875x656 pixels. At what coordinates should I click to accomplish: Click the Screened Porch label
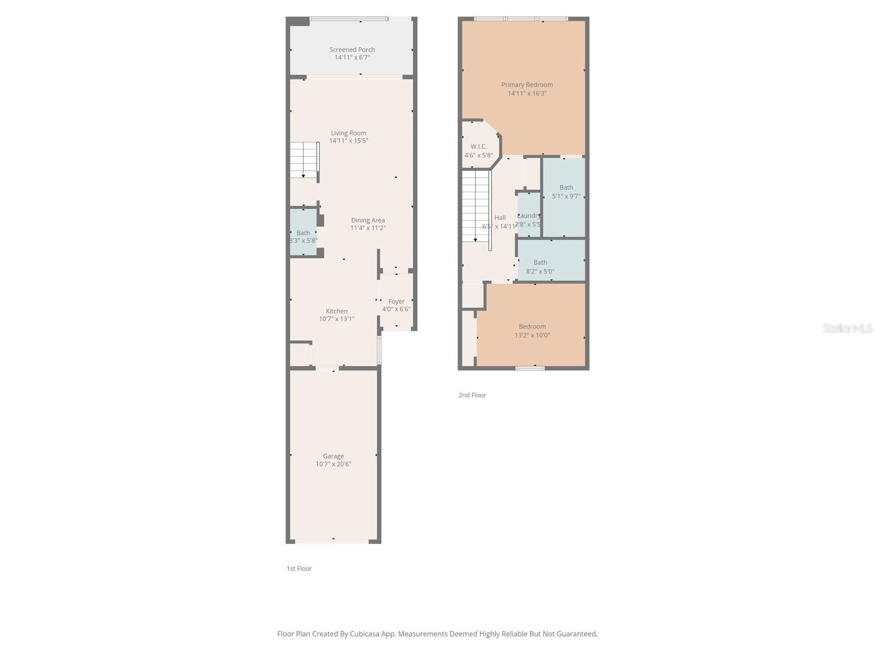tap(352, 50)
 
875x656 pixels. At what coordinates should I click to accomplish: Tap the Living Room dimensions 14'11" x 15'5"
tap(348, 141)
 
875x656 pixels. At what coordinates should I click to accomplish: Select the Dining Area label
tap(367, 220)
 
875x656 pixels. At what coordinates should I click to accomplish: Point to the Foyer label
tap(396, 301)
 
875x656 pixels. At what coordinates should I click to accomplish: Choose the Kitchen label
tap(336, 311)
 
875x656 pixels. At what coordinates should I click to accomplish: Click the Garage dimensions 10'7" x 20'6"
tap(333, 464)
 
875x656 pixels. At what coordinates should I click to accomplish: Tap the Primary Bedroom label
tap(527, 85)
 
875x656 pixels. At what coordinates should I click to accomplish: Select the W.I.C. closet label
tap(479, 147)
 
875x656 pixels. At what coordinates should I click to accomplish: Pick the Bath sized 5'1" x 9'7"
tap(565, 191)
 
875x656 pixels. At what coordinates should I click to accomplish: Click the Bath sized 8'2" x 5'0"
tap(540, 267)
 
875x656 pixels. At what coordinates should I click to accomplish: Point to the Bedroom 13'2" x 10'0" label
tap(532, 326)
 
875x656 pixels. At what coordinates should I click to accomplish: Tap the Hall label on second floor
tap(500, 218)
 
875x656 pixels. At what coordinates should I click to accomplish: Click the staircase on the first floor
tap(304, 160)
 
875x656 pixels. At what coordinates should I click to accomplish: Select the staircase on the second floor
tap(475, 206)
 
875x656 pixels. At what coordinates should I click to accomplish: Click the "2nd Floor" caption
tap(472, 395)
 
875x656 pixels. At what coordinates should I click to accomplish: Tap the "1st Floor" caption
tap(299, 569)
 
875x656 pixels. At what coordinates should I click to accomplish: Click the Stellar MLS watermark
tap(847, 328)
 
